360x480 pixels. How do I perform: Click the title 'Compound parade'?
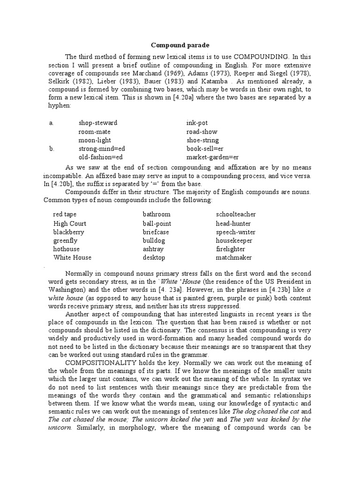point(180,45)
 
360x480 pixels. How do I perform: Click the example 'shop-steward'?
point(98,123)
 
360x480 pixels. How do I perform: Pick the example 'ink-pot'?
point(196,123)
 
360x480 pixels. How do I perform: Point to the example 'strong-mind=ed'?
point(102,149)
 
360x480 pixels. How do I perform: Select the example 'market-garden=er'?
point(212,157)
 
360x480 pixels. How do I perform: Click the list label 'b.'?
point(52,149)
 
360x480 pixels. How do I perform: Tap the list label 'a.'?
point(52,123)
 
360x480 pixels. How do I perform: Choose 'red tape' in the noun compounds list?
point(65,214)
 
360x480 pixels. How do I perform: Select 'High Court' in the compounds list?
point(70,223)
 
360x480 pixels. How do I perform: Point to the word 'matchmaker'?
point(234,257)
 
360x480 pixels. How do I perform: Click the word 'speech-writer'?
point(235,232)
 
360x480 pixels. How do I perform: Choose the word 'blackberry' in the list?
point(68,232)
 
